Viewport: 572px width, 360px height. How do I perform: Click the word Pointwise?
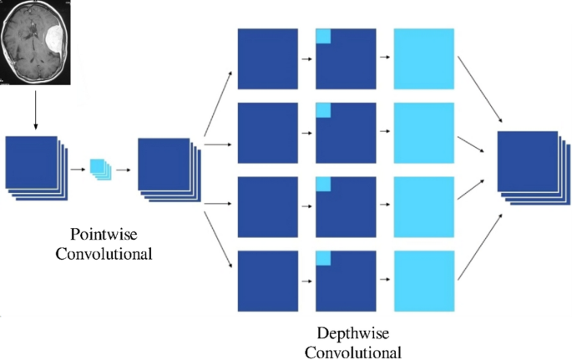coord(104,233)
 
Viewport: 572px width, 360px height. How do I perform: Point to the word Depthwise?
coord(352,332)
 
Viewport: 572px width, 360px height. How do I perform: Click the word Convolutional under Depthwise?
coord(352,352)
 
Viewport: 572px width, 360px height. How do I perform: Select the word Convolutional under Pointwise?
coord(104,252)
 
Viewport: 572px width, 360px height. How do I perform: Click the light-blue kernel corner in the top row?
coord(323,36)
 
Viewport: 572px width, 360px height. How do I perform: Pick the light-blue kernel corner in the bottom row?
coord(323,258)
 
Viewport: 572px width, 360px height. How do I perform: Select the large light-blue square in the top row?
coord(423,58)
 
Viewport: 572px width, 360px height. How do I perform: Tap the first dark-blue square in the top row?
coord(267,58)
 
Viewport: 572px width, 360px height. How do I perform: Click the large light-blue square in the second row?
coord(423,132)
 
